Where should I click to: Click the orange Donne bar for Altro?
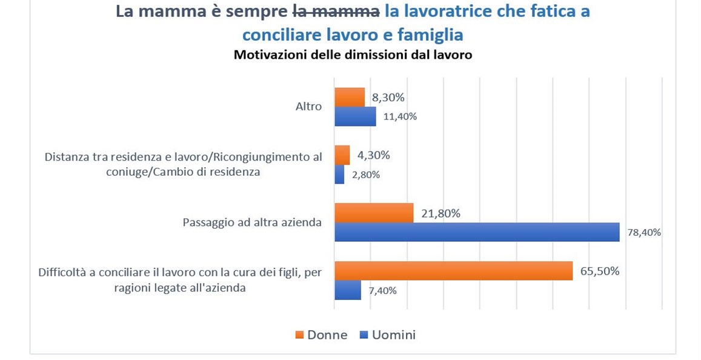pos(350,97)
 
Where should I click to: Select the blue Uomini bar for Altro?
pos(355,116)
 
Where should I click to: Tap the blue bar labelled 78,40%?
pos(477,232)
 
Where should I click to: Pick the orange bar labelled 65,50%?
pos(453,271)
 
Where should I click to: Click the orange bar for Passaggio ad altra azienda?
pos(374,213)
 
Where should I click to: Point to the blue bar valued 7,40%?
pos(348,290)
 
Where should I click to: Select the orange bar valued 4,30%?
pos(342,155)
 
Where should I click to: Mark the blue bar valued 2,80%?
pos(339,175)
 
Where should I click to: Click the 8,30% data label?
pos(388,97)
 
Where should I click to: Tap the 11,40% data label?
pos(400,116)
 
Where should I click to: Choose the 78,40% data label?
pos(644,232)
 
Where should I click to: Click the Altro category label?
pos(308,107)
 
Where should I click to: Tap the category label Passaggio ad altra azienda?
pos(252,222)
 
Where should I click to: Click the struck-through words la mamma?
pos(336,12)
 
